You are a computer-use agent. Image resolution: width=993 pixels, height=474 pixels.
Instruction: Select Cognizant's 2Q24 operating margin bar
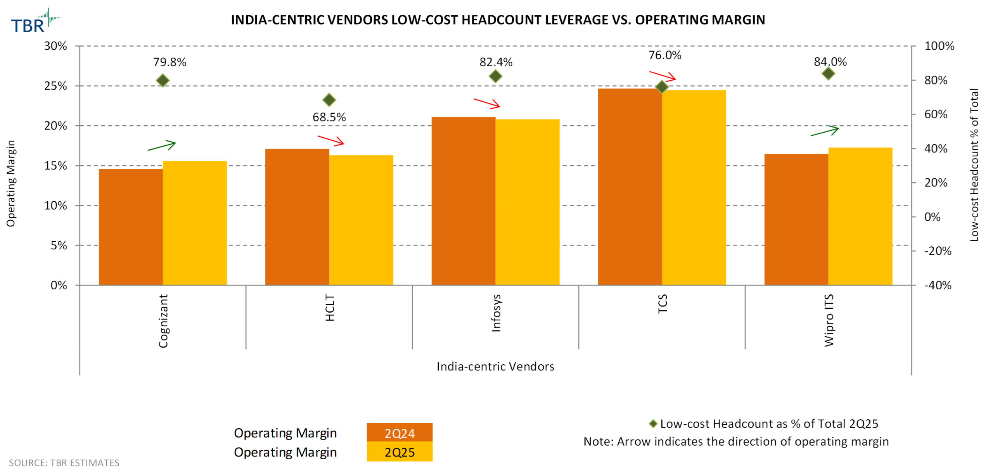pyautogui.click(x=130, y=227)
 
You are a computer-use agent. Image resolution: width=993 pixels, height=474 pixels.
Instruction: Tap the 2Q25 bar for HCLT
pyautogui.click(x=361, y=220)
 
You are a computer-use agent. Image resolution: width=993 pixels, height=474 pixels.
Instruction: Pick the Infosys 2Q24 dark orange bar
pyautogui.click(x=463, y=201)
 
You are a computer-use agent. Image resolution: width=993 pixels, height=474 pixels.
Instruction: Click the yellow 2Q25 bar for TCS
pyautogui.click(x=693, y=187)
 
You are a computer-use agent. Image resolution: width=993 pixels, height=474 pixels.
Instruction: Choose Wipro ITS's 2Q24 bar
pyautogui.click(x=796, y=219)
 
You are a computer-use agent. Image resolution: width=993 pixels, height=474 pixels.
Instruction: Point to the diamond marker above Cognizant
pyautogui.click(x=163, y=80)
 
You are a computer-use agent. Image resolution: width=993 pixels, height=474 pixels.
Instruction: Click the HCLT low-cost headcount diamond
pyautogui.click(x=329, y=100)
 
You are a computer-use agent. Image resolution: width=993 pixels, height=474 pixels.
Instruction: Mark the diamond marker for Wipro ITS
pyautogui.click(x=828, y=73)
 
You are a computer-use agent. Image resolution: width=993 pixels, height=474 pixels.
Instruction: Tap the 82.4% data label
pyautogui.click(x=495, y=62)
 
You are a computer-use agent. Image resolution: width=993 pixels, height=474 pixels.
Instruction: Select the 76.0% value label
pyautogui.click(x=664, y=55)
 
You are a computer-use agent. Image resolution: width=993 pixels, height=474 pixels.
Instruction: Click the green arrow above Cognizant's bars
pyautogui.click(x=161, y=145)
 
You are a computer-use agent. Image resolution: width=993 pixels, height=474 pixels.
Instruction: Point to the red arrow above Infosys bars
pyautogui.click(x=486, y=103)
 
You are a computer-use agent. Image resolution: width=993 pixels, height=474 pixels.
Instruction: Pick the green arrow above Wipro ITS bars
pyautogui.click(x=824, y=131)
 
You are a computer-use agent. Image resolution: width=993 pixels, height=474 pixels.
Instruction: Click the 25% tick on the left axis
pyautogui.click(x=55, y=86)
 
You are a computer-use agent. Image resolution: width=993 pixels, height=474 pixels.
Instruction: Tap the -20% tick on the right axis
pyautogui.click(x=937, y=251)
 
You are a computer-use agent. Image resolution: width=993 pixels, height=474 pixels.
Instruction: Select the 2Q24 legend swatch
pyautogui.click(x=399, y=432)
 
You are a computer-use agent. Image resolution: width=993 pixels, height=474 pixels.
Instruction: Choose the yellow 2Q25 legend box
pyautogui.click(x=399, y=452)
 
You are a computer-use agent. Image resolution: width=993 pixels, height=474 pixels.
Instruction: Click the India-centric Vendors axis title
pyautogui.click(x=495, y=366)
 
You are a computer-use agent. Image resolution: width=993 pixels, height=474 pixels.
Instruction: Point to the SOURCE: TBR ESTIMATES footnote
pyautogui.click(x=64, y=463)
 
